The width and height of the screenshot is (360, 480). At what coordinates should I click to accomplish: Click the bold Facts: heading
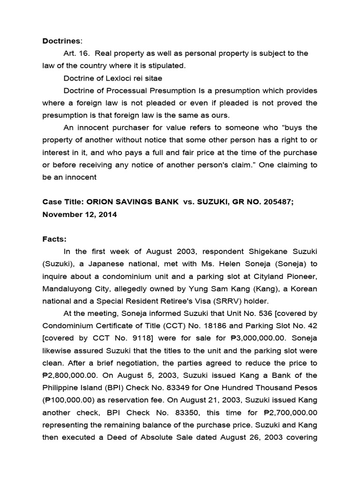point(54,239)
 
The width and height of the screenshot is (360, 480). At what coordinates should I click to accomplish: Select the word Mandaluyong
point(65,289)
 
